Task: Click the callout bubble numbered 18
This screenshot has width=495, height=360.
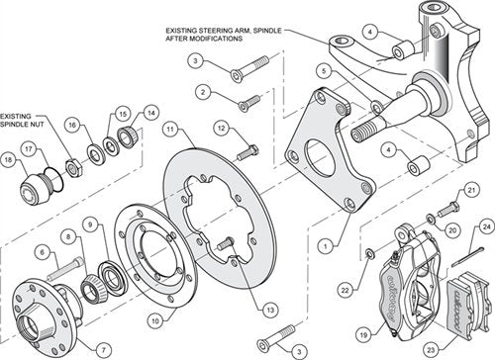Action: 8,158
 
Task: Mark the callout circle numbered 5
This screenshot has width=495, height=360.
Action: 324,71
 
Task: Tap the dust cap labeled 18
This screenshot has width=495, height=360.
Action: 35,185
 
